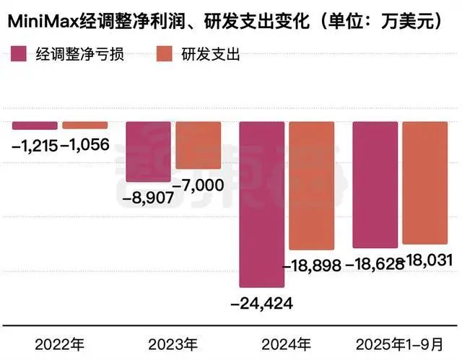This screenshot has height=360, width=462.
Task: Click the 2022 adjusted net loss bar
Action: pos(34,126)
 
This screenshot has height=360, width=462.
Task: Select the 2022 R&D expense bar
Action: pos(84,126)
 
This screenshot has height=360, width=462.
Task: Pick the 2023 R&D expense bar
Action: pos(198,145)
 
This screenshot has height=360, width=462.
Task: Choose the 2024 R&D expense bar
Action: pos(311,186)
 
